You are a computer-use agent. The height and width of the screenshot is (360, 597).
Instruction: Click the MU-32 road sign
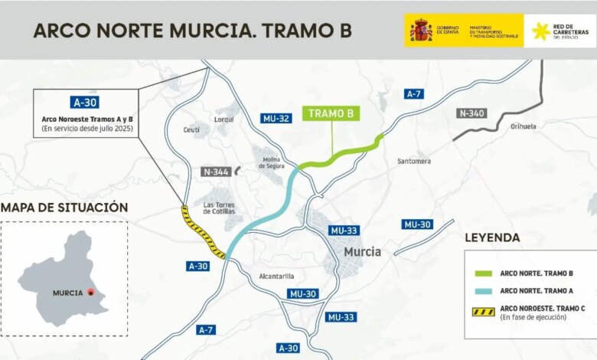click(276, 119)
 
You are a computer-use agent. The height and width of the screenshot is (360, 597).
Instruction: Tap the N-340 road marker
click(471, 113)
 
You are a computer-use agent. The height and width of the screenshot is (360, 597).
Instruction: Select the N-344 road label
click(217, 172)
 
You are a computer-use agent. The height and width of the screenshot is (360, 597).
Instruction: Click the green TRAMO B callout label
click(331, 113)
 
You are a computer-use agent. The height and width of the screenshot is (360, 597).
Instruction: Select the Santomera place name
click(414, 161)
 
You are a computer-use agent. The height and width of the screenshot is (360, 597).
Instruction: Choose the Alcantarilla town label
click(276, 277)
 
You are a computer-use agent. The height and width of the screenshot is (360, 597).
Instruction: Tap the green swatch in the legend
click(481, 273)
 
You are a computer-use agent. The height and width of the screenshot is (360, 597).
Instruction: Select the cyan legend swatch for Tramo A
click(481, 291)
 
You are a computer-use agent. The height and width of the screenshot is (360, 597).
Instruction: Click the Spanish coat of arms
click(421, 31)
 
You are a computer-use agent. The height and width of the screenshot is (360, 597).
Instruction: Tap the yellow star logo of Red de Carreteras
click(541, 31)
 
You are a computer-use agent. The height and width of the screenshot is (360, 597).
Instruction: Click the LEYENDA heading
click(492, 237)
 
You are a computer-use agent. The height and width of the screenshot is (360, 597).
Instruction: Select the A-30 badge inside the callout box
click(85, 102)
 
